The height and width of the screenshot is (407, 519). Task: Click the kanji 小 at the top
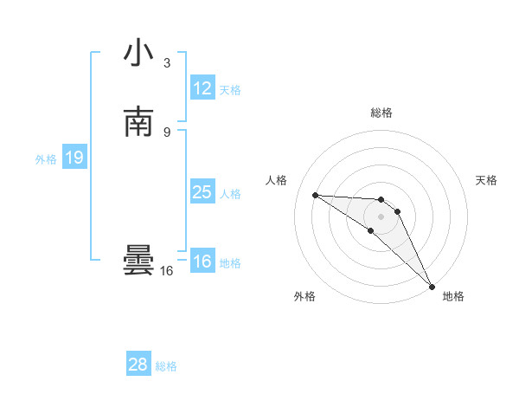138,54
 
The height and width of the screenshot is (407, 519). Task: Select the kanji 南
138,122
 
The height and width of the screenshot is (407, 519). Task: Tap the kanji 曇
138,262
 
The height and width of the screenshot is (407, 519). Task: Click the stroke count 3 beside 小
167,63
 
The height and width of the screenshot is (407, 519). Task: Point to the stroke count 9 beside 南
167,132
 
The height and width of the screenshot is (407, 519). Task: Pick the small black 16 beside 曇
166,271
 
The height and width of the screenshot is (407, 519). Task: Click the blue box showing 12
202,88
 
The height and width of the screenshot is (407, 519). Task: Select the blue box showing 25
202,192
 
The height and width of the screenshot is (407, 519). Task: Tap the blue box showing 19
74,158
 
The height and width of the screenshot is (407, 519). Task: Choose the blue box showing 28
138,365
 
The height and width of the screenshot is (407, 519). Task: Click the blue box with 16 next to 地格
202,262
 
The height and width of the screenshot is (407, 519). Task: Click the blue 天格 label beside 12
230,90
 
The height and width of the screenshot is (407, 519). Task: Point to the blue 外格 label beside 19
46,159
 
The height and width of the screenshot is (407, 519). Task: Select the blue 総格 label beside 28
166,366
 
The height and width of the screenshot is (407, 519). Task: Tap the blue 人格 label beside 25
230,194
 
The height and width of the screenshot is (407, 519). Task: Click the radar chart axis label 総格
381,113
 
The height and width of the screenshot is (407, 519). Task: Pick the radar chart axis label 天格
486,180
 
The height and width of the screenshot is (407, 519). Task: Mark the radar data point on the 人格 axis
316,195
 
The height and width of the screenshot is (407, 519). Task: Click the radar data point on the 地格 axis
432,285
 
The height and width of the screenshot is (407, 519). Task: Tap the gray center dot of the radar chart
381,216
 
